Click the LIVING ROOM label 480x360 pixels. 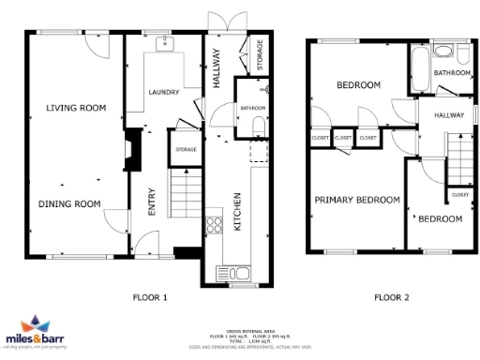[76, 108]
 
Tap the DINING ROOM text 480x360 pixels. [69, 203]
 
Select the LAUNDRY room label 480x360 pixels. [165, 92]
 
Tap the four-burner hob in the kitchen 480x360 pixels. [215, 224]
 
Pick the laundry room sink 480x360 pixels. [164, 43]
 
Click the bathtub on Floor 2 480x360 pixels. [418, 71]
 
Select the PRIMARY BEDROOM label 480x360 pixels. [356, 200]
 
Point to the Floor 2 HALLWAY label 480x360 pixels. [448, 114]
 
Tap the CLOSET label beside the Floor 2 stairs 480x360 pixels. [459, 194]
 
